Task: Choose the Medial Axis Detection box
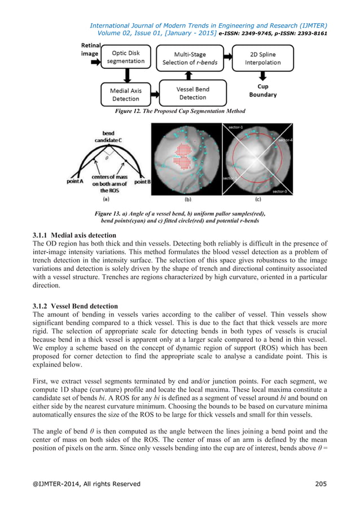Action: pyautogui.click(x=125, y=94)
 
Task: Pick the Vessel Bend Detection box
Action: pyautogui.click(x=192, y=93)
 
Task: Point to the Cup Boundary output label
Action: pyautogui.click(x=263, y=91)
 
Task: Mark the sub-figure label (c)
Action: pyautogui.click(x=257, y=199)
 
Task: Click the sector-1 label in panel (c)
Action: pyautogui.click(x=236, y=128)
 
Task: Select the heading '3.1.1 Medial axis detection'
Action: pyautogui.click(x=75, y=235)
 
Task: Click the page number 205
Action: pyautogui.click(x=320, y=484)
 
